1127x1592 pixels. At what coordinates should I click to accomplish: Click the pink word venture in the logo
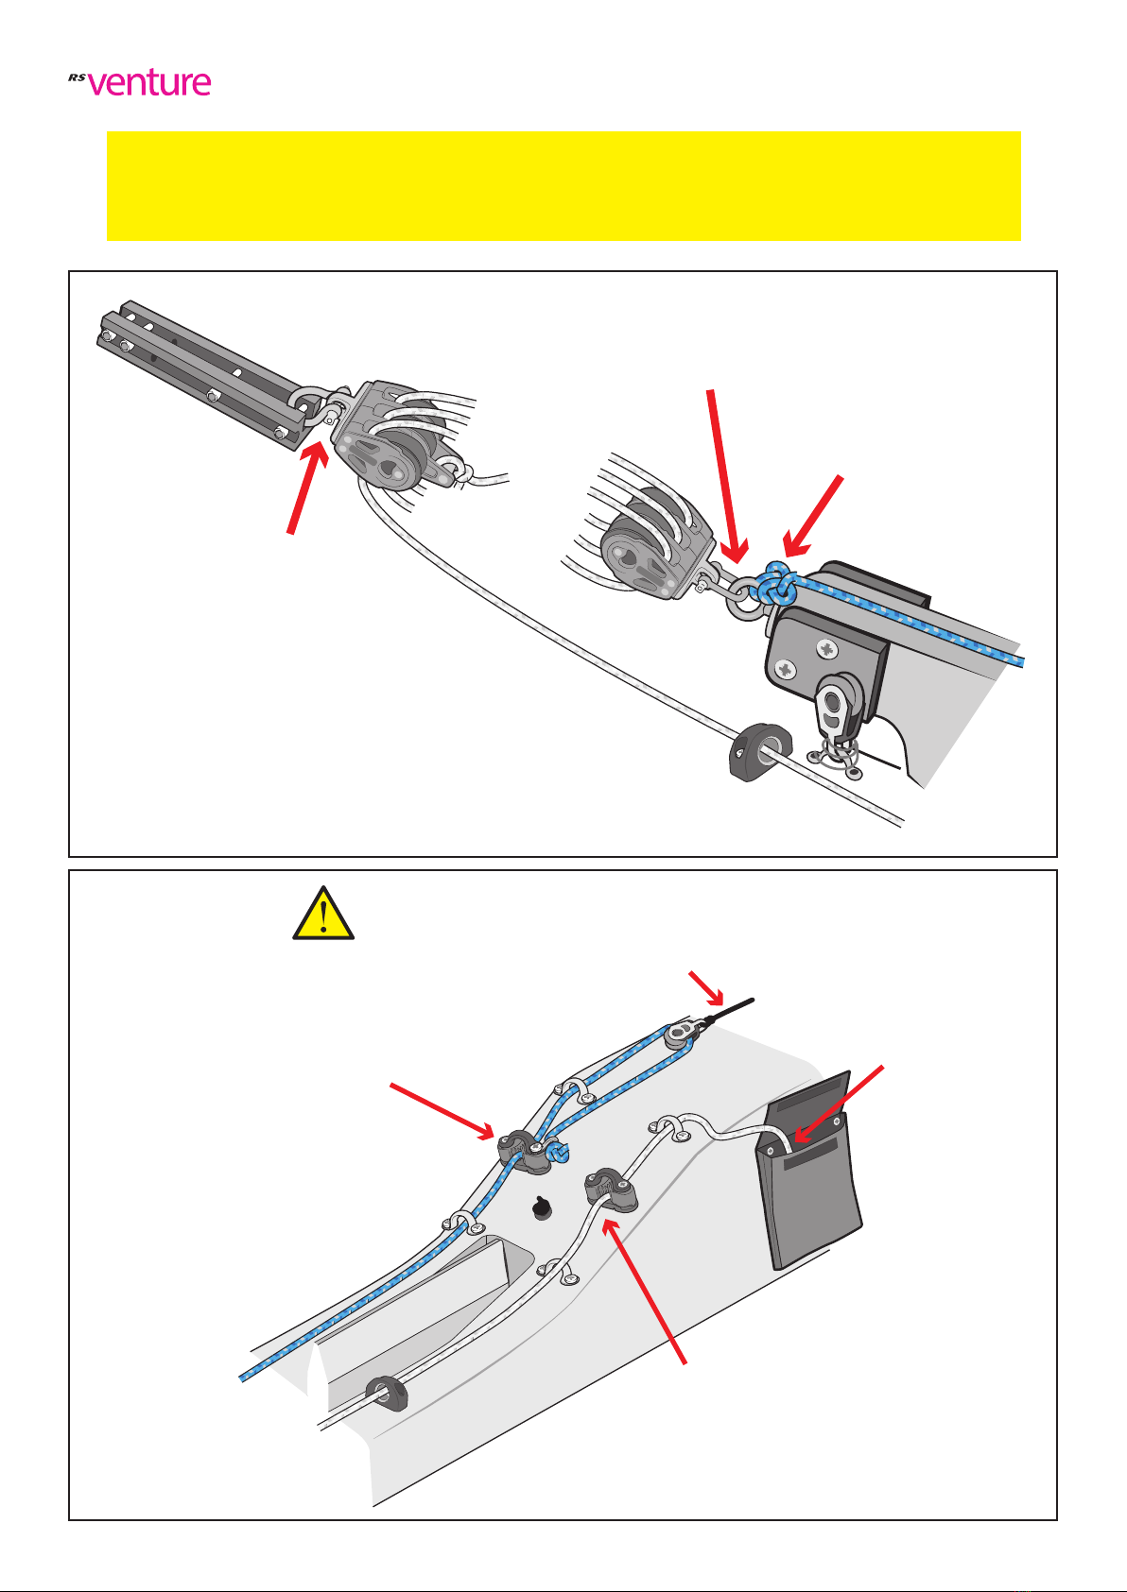pyautogui.click(x=149, y=83)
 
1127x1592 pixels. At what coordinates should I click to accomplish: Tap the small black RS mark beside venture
pyautogui.click(x=77, y=77)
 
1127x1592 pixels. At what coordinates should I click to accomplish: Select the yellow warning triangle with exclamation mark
pyautogui.click(x=323, y=914)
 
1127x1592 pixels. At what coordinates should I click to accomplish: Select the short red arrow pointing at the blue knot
pyautogui.click(x=813, y=516)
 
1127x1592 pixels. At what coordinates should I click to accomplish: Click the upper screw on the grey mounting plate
pyautogui.click(x=827, y=648)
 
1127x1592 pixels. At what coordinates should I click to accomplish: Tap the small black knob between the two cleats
pyautogui.click(x=544, y=1207)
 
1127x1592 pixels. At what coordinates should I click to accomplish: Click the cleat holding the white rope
pyautogui.click(x=611, y=1190)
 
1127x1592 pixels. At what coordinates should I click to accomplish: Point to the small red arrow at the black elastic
pyautogui.click(x=706, y=988)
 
